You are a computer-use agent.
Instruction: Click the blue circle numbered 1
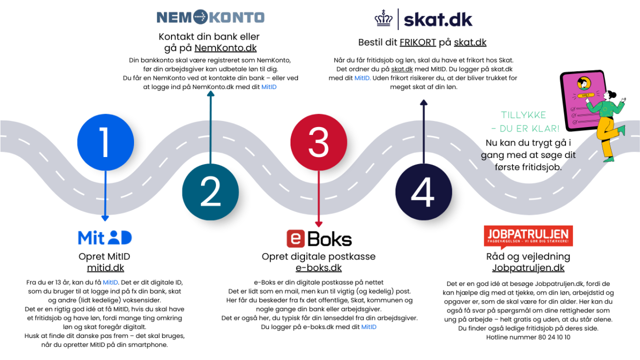104,142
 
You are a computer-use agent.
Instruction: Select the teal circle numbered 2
210,192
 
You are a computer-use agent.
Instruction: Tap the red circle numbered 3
318,142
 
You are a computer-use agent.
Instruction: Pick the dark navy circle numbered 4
423,192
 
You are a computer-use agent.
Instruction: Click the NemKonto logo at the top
210,17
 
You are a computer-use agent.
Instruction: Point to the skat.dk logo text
437,19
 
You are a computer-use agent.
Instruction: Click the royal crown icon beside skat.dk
384,19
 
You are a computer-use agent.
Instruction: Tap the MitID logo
104,237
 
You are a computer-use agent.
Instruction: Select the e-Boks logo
318,238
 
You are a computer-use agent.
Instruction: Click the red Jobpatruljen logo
528,235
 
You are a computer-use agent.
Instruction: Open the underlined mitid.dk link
105,268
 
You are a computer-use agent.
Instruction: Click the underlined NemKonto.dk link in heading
225,48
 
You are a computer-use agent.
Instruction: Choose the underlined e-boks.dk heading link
318,268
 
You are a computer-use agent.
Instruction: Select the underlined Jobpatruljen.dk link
528,268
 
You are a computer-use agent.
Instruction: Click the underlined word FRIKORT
417,42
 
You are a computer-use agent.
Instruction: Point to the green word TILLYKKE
523,115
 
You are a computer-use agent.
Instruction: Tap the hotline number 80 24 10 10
553,337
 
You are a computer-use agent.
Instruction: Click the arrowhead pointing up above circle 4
423,103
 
